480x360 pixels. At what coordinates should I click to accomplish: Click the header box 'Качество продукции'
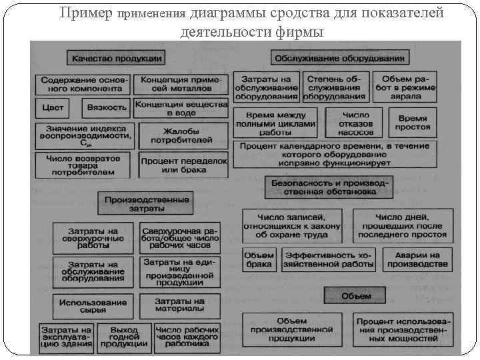[116, 59]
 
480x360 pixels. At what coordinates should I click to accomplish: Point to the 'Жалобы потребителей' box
[180, 135]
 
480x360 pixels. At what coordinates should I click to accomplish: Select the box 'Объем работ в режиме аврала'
[409, 87]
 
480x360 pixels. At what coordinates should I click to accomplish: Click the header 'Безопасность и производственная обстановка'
[328, 186]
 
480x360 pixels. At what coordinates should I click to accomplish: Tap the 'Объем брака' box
[259, 259]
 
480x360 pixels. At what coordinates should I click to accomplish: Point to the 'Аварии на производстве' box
[417, 259]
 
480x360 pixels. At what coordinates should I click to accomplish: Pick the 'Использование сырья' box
[92, 307]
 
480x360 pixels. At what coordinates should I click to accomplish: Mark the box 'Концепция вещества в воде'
[180, 108]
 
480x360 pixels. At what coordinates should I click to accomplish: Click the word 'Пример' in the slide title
[85, 13]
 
